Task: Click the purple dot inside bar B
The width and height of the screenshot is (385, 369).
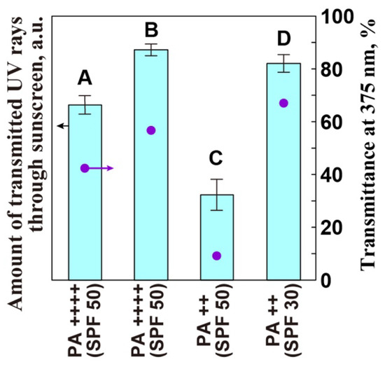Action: click(150, 130)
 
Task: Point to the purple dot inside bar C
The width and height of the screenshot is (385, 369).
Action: click(216, 256)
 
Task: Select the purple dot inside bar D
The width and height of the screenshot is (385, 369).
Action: click(283, 103)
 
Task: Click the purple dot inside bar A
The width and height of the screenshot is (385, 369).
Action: click(85, 168)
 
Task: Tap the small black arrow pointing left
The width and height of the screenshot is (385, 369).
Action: click(62, 125)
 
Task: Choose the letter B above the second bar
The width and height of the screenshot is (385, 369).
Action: click(150, 30)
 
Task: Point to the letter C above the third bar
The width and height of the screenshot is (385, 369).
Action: click(216, 159)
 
